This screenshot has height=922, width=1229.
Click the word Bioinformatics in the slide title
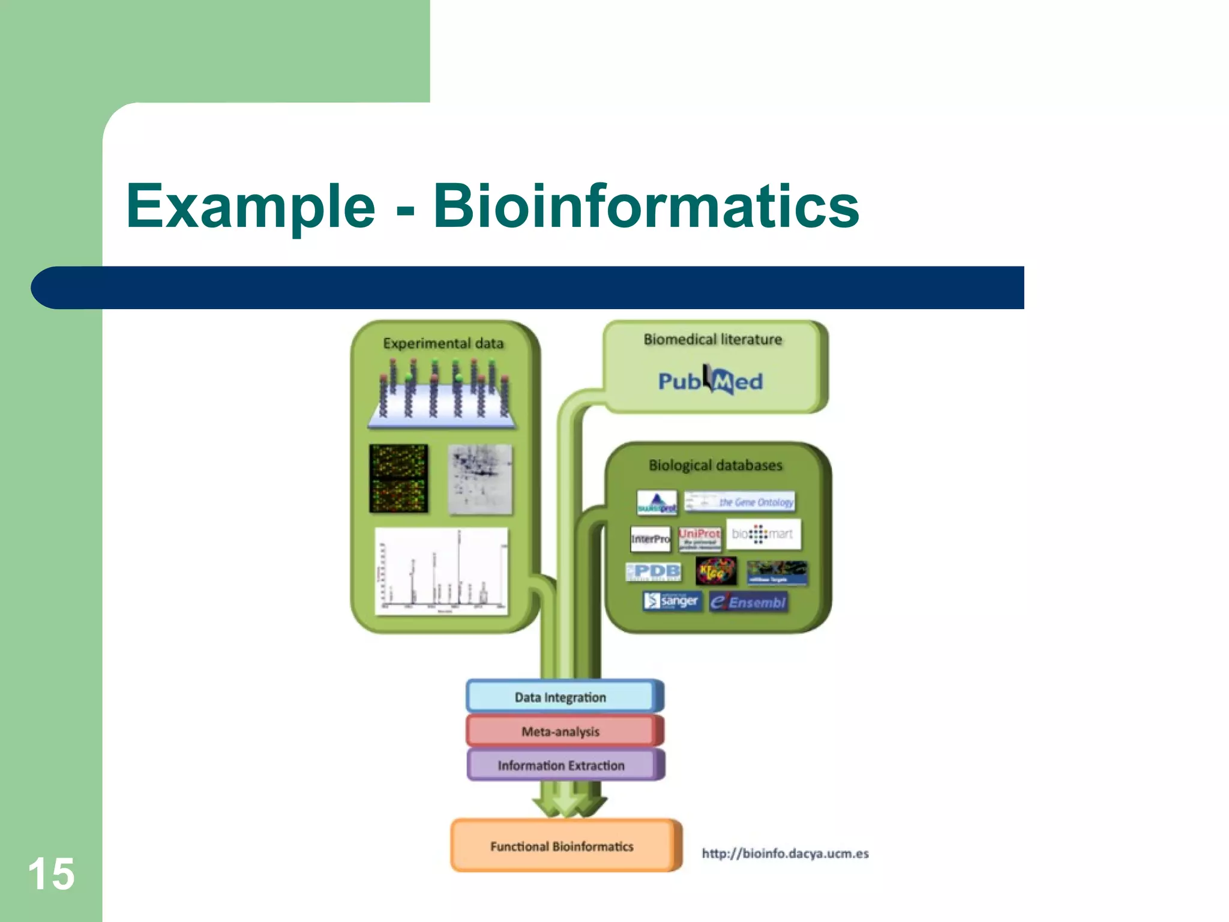tap(646, 206)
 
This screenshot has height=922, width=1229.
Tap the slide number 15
tap(51, 874)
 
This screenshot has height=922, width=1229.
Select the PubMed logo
tap(711, 381)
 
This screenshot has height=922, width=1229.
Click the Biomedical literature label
tap(713, 340)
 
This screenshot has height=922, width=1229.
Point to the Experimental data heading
tap(443, 343)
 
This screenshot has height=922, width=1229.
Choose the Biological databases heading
tap(715, 465)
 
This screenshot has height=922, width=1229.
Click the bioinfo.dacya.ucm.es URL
tap(785, 854)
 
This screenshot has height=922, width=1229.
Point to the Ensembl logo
tap(749, 602)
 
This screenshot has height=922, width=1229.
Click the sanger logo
tap(672, 601)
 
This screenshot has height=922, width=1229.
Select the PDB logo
tap(654, 571)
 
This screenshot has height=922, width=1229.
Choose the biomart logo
tap(763, 534)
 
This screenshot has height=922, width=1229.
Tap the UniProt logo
tap(699, 538)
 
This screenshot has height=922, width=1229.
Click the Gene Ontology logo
tap(740, 502)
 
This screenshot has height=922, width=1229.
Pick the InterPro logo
tap(650, 538)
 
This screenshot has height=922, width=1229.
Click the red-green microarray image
tap(398, 478)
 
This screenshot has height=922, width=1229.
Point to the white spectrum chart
tap(442, 571)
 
